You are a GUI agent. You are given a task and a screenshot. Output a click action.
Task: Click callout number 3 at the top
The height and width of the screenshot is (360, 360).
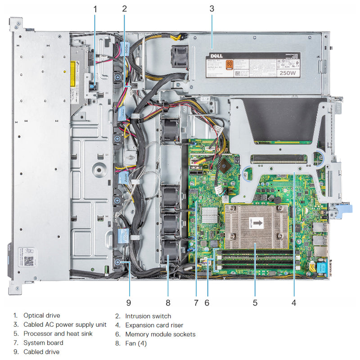click(x=212, y=8)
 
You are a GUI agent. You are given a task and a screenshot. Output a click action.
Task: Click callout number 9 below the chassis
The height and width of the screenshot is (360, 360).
click(x=129, y=302)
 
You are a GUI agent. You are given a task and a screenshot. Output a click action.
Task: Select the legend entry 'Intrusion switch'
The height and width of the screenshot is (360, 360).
click(x=148, y=316)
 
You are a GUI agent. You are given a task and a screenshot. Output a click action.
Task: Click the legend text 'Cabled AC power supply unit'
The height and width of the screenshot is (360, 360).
click(x=65, y=324)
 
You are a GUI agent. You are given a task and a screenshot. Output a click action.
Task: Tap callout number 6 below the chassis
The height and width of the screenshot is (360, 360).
click(x=207, y=302)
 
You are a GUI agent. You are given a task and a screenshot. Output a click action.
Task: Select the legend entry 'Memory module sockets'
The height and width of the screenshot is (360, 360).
click(x=160, y=334)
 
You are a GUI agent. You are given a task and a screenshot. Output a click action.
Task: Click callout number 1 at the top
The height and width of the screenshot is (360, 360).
click(x=95, y=8)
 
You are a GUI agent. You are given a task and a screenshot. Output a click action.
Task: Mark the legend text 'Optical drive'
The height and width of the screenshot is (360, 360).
click(x=41, y=315)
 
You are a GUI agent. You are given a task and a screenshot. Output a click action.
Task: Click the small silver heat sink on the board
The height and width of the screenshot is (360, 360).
click(x=209, y=215)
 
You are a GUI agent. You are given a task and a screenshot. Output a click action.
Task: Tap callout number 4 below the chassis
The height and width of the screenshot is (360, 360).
click(x=293, y=302)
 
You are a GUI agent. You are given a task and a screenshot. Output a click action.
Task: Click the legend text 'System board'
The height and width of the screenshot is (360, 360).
click(x=43, y=343)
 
